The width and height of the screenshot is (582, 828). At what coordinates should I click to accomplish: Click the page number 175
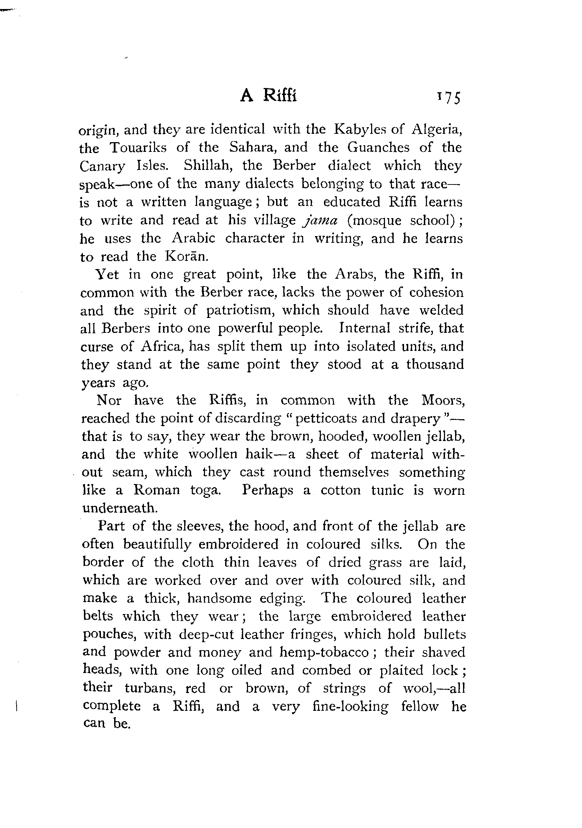(449, 98)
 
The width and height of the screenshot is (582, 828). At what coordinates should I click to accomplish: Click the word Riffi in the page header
(280, 96)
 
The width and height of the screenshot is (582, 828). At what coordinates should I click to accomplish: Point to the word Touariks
(138, 147)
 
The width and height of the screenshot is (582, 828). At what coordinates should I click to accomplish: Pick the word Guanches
(378, 147)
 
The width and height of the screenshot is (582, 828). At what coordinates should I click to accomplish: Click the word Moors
(442, 400)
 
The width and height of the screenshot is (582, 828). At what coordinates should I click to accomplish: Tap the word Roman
(156, 490)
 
